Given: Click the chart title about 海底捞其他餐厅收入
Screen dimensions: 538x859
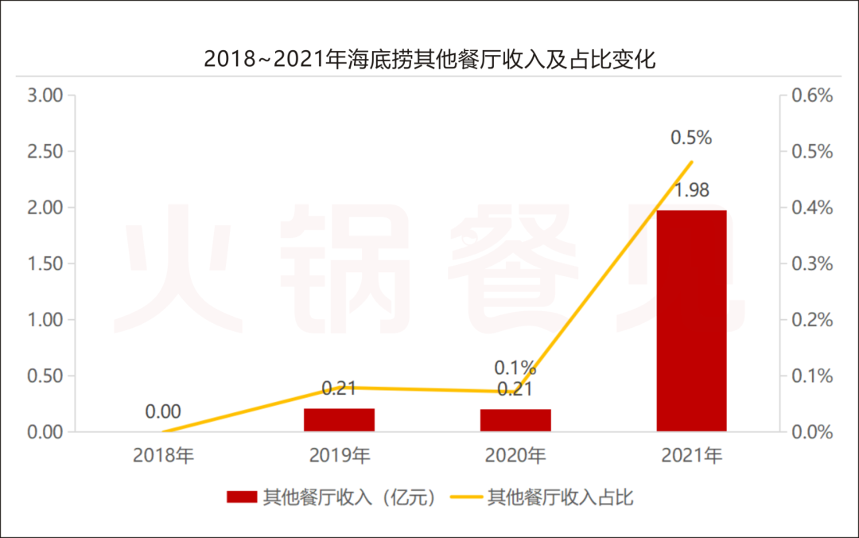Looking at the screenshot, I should point(429,59).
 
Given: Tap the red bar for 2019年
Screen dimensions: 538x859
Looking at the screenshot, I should point(339,419).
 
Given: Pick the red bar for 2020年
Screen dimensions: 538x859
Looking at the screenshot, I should point(515,420).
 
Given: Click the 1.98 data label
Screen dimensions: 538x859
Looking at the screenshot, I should point(691,191).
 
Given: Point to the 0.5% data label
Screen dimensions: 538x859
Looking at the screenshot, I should point(691,138).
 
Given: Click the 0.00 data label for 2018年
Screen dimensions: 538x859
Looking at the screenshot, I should point(163,411).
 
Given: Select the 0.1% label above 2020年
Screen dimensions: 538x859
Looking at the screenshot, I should point(515,368).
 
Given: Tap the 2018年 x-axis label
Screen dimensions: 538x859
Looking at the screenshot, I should point(163,456).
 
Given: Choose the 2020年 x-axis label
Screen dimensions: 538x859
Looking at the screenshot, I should point(515,456).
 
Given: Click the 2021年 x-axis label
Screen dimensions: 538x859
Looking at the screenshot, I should point(691,456).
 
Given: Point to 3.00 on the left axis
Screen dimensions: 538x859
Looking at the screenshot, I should point(45,96).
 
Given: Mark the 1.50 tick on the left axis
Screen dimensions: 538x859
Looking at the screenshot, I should point(45,263).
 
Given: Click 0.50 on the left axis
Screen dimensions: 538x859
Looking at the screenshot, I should point(45,376).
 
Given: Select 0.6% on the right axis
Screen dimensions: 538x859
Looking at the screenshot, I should point(811,96).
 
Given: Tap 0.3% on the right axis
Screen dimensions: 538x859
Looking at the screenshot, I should point(811,263).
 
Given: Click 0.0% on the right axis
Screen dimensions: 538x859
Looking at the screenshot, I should point(811,432).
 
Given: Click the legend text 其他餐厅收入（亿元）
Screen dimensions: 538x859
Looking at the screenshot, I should point(350,498).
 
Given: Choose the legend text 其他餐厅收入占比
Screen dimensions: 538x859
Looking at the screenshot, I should point(561,498).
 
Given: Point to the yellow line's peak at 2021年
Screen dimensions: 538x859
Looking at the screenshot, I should point(692,162).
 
